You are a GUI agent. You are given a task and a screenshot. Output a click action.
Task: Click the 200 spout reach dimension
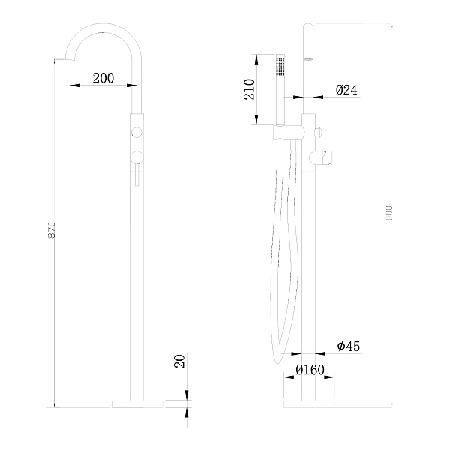coord(103,78)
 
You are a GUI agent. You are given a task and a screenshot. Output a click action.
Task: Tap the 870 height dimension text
coord(51,229)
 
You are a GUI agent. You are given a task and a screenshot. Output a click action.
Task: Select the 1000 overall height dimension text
coord(388,215)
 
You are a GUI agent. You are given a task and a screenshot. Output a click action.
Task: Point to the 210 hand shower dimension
coord(249,89)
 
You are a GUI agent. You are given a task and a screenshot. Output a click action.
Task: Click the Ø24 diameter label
coord(346,90)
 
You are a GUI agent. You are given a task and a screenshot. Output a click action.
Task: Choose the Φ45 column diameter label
coord(349,346)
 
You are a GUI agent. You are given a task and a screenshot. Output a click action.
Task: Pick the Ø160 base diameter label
coord(310,370)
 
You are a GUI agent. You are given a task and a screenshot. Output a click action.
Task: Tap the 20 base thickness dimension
coord(179,361)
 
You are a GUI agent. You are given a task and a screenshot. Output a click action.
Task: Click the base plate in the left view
coord(137,403)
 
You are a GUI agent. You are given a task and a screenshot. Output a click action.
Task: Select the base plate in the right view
coord(309,403)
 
